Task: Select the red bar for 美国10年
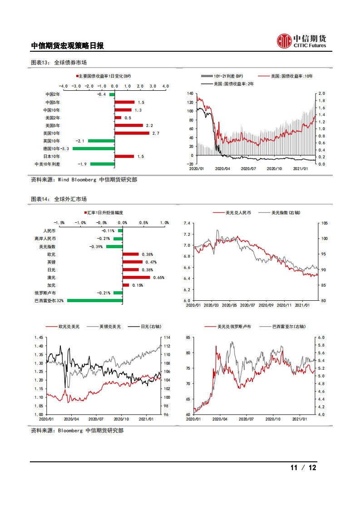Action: (132, 133)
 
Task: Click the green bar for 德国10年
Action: (94, 148)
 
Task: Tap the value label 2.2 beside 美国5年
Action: (149, 125)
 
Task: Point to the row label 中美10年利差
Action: (47, 164)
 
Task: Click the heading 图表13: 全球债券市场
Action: (59, 63)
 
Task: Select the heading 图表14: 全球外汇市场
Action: (59, 199)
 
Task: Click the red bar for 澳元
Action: (136, 277)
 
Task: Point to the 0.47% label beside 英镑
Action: (149, 262)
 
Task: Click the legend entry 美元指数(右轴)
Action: (285, 212)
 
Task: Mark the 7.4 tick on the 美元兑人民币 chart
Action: (187, 223)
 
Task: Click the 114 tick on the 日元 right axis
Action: (166, 338)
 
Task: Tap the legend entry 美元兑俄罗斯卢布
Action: (233, 326)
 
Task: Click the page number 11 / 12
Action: (303, 468)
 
